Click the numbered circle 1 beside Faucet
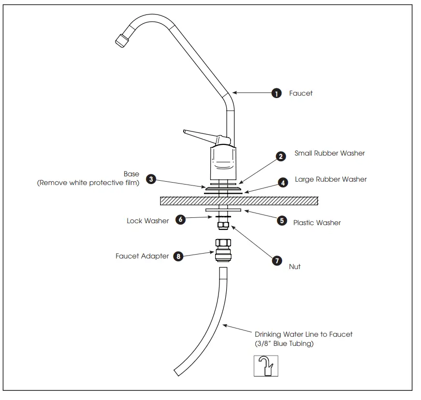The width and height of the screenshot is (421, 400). tap(276, 94)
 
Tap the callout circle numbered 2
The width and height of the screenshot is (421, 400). tap(281, 157)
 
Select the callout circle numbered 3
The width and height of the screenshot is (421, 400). tap(152, 179)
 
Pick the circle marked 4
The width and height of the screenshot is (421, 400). tap(283, 183)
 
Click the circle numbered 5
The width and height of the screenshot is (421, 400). tap(282, 220)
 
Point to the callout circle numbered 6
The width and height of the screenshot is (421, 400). tap(181, 219)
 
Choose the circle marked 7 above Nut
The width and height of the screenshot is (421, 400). tap(277, 260)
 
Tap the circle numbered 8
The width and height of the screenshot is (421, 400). tap(179, 257)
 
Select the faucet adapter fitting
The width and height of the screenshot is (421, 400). tap(223, 250)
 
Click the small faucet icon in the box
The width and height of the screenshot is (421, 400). tap(266, 366)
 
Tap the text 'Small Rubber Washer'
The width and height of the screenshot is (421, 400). tap(330, 154)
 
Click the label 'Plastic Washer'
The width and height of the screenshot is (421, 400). tap(317, 223)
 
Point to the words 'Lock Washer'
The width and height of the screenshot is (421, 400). tap(148, 221)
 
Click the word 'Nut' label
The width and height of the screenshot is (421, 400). tap(294, 267)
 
